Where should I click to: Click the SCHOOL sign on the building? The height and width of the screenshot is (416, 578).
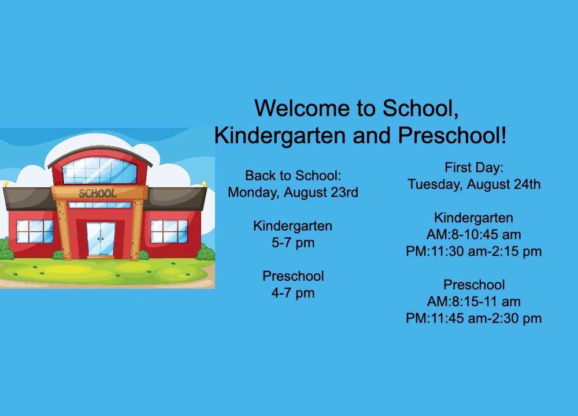[98, 193]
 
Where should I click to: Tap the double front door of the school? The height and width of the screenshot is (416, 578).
[101, 239]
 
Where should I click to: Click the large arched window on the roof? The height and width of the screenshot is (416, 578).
[99, 170]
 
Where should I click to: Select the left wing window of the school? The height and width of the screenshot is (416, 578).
[35, 231]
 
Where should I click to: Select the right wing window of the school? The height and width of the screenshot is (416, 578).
[169, 231]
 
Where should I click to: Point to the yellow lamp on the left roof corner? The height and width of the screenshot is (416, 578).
[6, 184]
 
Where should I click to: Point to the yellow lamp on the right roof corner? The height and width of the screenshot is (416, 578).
[204, 184]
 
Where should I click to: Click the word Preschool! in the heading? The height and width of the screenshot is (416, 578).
[453, 136]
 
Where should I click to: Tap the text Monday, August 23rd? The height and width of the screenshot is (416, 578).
[293, 192]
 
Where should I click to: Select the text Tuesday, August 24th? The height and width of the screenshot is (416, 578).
[474, 184]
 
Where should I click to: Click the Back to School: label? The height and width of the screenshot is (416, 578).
[293, 176]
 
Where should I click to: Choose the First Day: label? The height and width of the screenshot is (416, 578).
[474, 168]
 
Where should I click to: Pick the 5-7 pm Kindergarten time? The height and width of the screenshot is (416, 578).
[293, 243]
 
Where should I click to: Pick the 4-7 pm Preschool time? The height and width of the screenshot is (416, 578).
[293, 294]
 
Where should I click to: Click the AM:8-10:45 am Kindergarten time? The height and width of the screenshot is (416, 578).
[474, 235]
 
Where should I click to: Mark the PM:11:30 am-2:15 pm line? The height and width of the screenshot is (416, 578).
[474, 251]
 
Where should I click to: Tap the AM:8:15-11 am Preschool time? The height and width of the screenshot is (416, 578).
[474, 302]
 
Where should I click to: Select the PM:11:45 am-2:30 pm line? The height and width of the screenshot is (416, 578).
[474, 318]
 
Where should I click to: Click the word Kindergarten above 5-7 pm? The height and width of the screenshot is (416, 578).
[293, 226]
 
